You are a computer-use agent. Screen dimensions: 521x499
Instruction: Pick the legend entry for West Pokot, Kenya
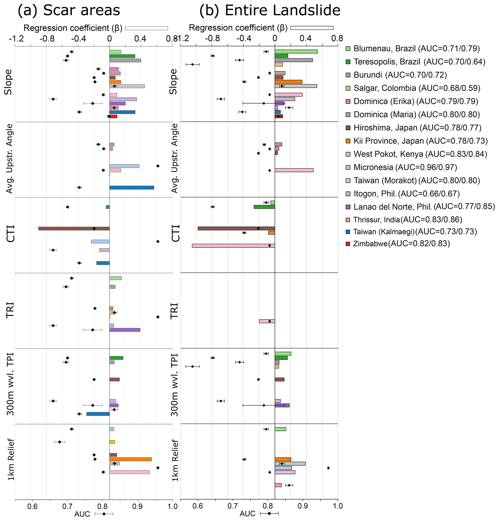tap(420, 154)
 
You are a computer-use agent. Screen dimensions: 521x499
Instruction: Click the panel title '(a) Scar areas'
tap(69, 11)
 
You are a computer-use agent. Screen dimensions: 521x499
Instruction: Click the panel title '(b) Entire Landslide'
tap(270, 11)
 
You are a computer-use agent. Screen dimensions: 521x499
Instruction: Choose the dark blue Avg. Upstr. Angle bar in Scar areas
tap(132, 188)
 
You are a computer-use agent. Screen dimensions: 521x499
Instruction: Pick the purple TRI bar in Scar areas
tap(125, 330)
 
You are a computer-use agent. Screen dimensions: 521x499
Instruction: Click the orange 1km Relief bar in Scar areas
tap(130, 459)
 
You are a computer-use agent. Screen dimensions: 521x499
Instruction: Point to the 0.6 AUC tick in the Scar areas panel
tap(32, 506)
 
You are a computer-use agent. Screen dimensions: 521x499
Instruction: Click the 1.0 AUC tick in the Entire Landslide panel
tap(338, 506)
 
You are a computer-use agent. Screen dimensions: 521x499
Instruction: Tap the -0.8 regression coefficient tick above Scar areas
tap(47, 39)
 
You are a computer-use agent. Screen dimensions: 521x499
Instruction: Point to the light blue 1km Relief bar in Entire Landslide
tap(283, 468)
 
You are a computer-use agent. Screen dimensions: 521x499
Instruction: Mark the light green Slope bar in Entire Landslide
tap(296, 51)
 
